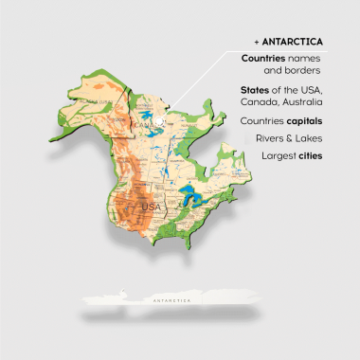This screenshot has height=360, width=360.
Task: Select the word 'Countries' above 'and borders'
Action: (264, 59)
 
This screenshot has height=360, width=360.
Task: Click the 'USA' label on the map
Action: (150, 206)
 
